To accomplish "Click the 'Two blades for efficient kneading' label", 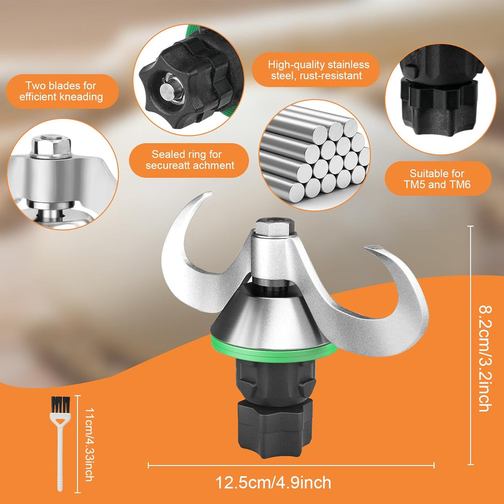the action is coord(61,91).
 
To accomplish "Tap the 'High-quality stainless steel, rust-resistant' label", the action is coord(319,70).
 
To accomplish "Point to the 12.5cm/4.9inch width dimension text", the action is coord(273,483).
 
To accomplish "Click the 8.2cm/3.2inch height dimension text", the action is coord(485,358).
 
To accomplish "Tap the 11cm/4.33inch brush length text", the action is coord(89,444).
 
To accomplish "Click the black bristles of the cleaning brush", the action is coord(60,405).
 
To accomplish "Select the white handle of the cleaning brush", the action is coord(60,453).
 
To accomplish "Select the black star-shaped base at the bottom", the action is coord(275,427).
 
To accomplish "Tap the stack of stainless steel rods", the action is coord(315,154).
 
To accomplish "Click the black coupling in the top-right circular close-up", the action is coord(439,98).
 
